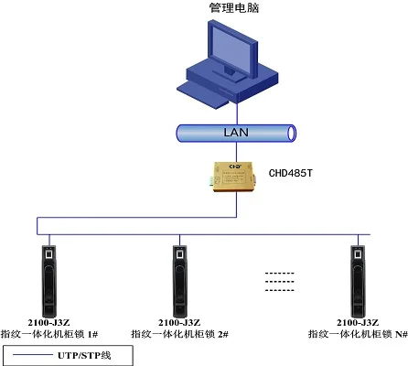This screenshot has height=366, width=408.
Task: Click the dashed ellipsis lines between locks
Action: (x=280, y=281)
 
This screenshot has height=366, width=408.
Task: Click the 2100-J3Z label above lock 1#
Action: (x=49, y=322)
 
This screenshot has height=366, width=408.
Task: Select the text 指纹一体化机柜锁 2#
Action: (x=179, y=335)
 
